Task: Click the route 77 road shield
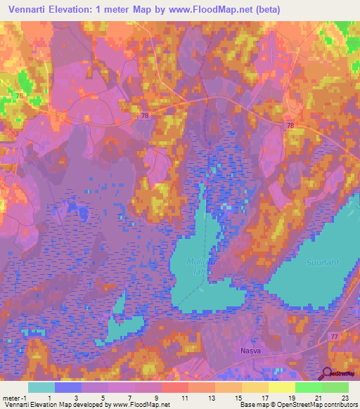tap(333, 338)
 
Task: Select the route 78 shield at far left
tap(19, 96)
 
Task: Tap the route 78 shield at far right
tap(290, 124)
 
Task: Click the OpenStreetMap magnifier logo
tap(328, 375)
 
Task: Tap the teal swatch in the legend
tap(41, 387)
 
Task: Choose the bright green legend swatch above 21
tap(309, 387)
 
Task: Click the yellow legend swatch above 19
tap(282, 387)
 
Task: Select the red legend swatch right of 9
tap(175, 387)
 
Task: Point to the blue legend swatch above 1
tap(68, 387)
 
